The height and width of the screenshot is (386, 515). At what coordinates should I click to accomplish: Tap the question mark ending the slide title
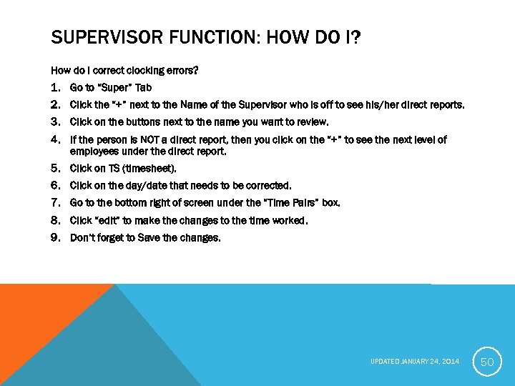click(355, 36)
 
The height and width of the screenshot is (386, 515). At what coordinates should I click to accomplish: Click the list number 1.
click(56, 88)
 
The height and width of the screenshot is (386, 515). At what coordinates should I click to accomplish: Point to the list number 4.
click(56, 139)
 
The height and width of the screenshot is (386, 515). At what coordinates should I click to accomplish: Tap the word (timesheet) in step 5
click(149, 169)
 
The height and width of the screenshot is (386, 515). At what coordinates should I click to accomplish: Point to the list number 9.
click(56, 237)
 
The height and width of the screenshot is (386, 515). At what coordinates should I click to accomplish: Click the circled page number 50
click(487, 362)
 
